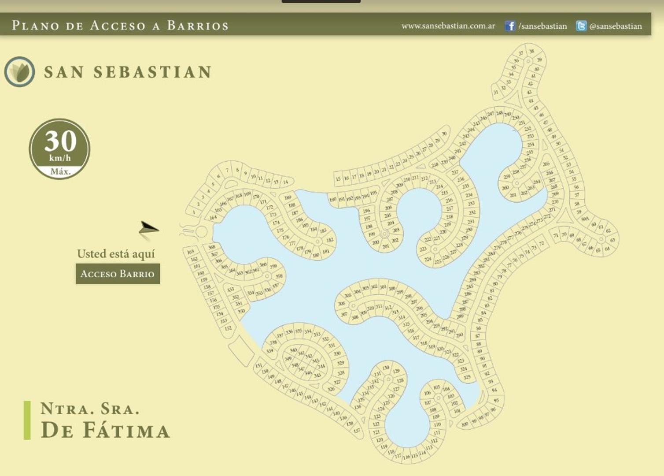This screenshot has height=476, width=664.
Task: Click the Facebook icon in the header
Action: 510,26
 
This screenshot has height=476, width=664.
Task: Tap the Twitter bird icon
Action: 581,26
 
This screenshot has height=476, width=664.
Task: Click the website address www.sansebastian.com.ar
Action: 448,26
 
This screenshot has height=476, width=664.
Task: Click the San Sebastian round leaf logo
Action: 20,71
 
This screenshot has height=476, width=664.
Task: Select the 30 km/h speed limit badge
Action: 59,149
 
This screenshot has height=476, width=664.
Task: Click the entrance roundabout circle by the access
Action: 202,231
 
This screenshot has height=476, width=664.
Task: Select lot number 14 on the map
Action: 285,182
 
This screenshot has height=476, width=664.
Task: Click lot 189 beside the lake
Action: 288,198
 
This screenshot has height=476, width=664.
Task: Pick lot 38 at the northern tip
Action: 531,52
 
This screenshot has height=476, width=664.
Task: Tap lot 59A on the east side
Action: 585,219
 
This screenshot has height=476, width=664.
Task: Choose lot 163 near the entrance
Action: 190,252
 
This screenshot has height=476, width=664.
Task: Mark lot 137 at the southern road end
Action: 357,431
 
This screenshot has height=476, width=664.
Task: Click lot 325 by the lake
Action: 467,377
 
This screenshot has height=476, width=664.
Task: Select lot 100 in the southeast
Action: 465,424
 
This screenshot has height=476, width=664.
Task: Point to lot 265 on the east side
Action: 546,164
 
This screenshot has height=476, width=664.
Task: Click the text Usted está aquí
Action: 116,254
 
